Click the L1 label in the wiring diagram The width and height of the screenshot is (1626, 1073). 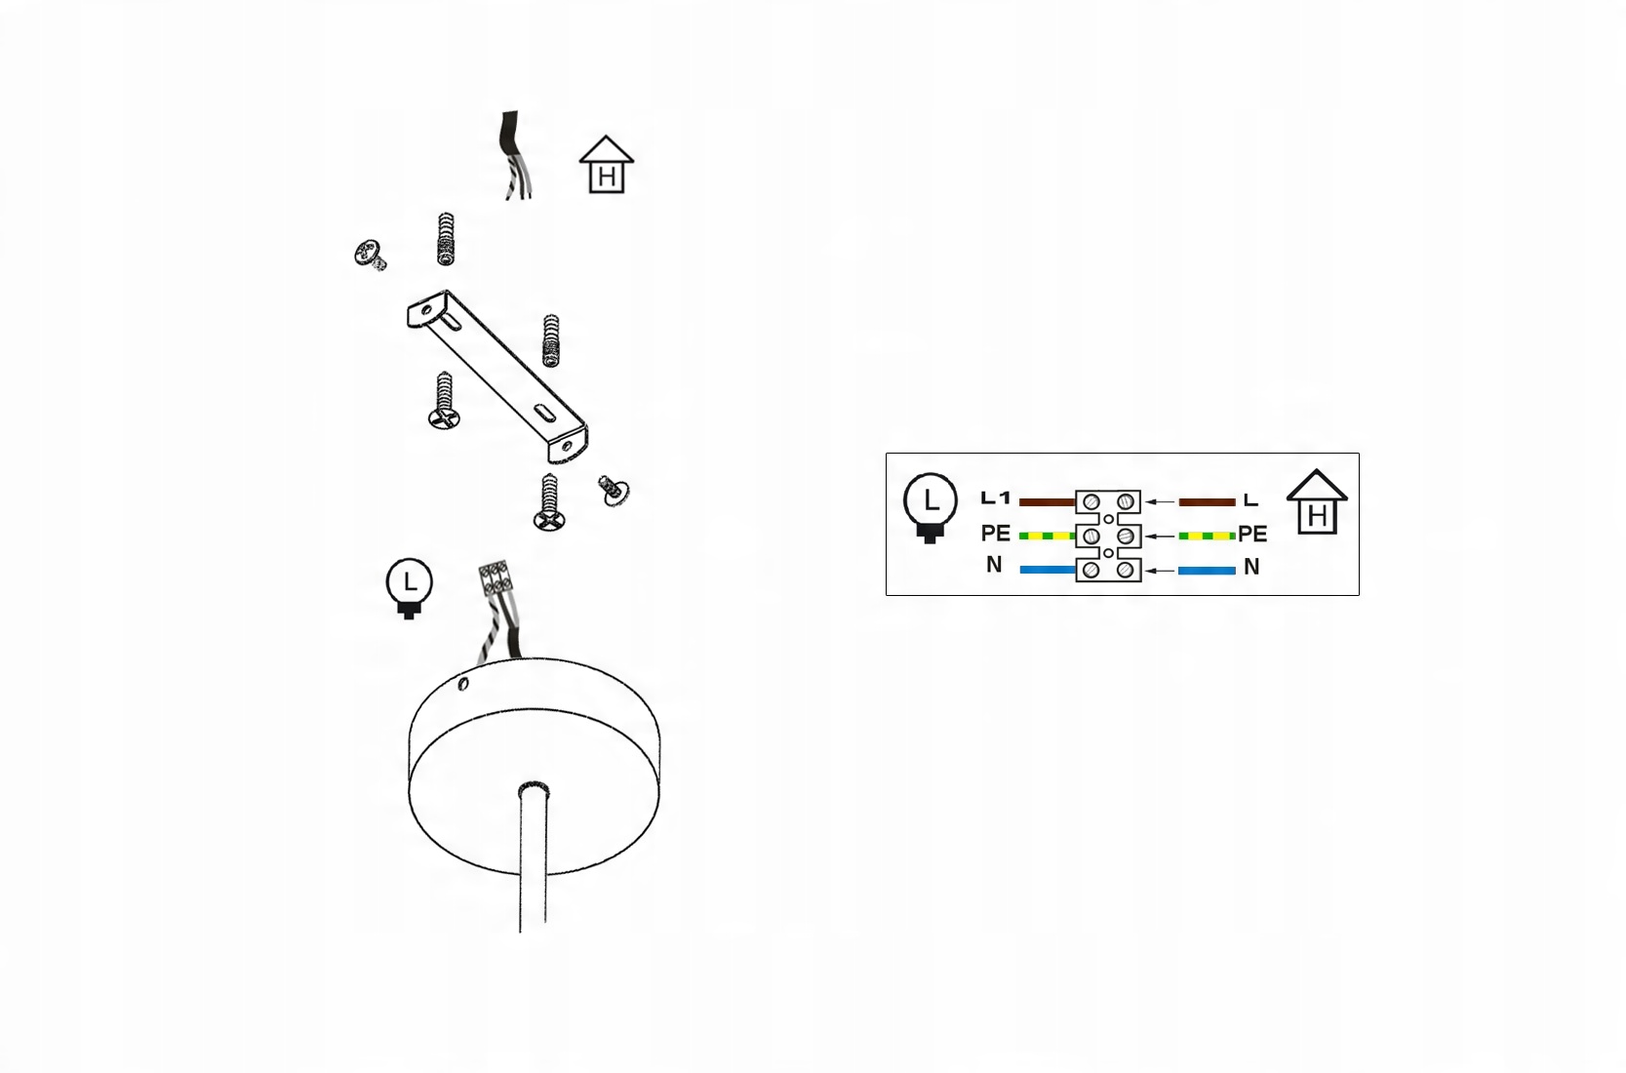pos(995,498)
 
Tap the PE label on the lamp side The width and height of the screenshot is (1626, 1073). pos(995,534)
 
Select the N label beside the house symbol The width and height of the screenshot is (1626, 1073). pos(1251,567)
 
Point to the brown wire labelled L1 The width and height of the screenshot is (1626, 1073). pos(1047,502)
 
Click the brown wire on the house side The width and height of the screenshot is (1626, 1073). pos(1207,502)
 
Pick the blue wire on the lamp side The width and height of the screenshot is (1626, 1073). pos(1047,570)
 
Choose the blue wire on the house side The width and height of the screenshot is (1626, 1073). pos(1207,570)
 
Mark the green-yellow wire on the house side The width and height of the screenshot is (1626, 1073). pos(1207,536)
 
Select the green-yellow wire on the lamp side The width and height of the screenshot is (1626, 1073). pos(1047,536)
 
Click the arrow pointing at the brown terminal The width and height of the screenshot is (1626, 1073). pos(1160,502)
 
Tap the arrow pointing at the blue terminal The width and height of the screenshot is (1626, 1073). pos(1160,571)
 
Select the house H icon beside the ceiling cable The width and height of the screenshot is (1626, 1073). pos(607,165)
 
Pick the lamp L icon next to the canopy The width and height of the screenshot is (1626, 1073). pos(410,588)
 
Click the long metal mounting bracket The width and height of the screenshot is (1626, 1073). pos(497,376)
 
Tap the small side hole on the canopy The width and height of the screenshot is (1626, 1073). pos(463,684)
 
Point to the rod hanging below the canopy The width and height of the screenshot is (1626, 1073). pos(533,858)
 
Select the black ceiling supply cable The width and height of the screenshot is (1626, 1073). pos(509,137)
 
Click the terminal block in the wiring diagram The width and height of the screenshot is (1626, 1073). pos(1108,536)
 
